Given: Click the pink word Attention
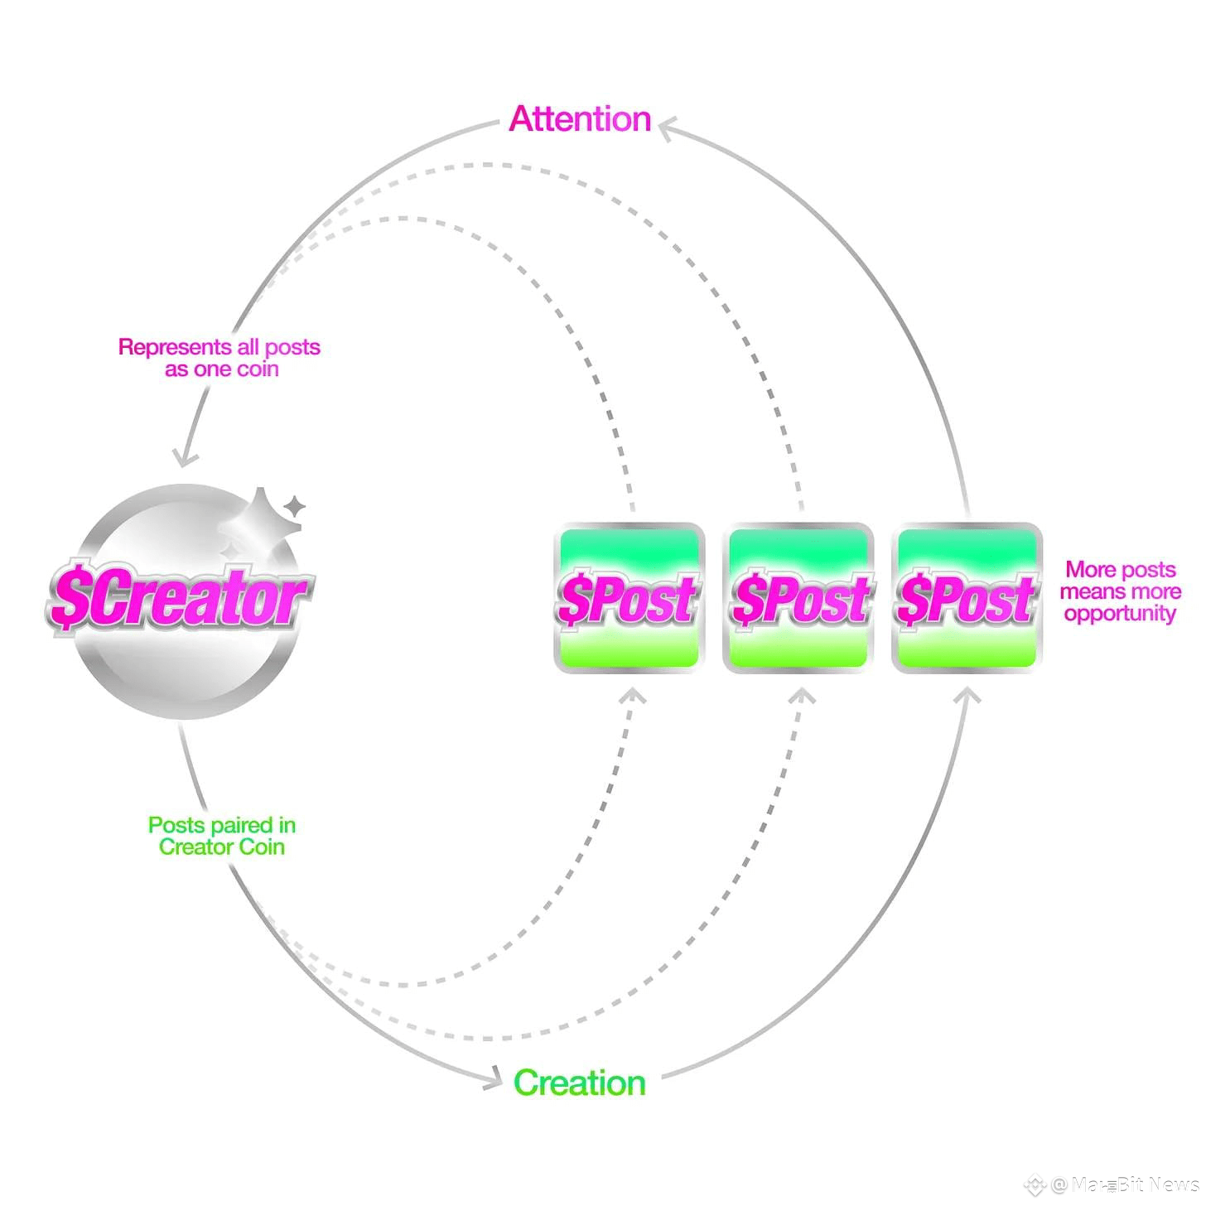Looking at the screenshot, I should pyautogui.click(x=580, y=119).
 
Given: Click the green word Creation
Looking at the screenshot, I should pyautogui.click(x=579, y=1083).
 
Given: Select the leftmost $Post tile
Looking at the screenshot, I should pyautogui.click(x=629, y=598).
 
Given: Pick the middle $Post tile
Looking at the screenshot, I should pyautogui.click(x=798, y=598).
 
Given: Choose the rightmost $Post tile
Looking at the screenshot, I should pyautogui.click(x=967, y=598).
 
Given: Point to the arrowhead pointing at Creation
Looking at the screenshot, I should pyautogui.click(x=494, y=1078).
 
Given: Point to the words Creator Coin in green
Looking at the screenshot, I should pyautogui.click(x=221, y=847).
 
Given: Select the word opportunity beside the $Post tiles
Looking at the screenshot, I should pyautogui.click(x=1120, y=614).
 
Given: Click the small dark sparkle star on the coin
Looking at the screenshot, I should pyautogui.click(x=293, y=506).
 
